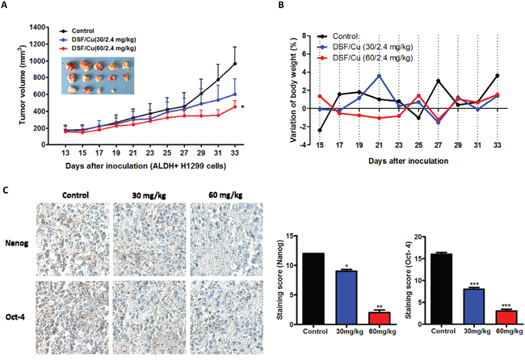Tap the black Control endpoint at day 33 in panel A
[x=234, y=64]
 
